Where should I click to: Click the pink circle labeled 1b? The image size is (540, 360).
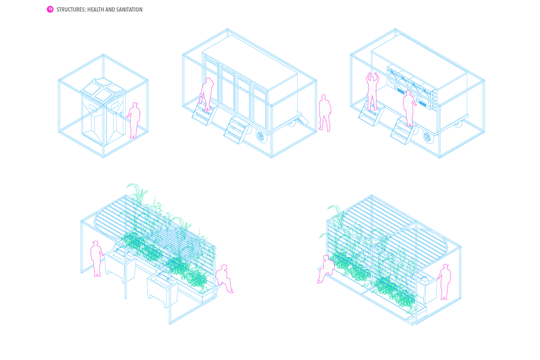[50, 9]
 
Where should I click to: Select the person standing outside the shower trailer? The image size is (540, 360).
[324, 112]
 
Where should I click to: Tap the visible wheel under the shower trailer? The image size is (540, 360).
[261, 135]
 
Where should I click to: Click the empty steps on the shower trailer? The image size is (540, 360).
[237, 128]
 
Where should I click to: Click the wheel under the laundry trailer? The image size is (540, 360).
[429, 135]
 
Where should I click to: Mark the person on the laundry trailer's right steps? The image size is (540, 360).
[409, 108]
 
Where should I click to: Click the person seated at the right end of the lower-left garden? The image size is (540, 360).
[224, 279]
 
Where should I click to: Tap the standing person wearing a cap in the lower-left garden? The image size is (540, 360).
[96, 258]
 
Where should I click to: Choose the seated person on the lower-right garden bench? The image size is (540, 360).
[326, 269]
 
